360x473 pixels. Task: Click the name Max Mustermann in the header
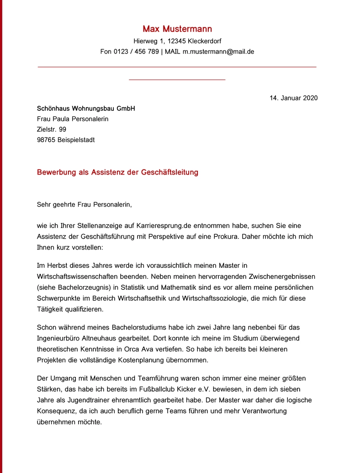click(x=177, y=29)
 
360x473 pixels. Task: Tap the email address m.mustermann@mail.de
click(x=218, y=52)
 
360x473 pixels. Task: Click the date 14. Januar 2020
click(x=293, y=98)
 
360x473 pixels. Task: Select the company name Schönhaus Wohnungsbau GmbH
click(x=86, y=109)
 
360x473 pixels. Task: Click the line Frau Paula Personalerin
click(x=73, y=119)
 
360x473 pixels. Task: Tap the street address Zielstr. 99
click(x=52, y=129)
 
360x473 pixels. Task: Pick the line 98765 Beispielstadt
click(x=66, y=140)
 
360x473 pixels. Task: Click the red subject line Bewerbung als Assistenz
click(x=117, y=172)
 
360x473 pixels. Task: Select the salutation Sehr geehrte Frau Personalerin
click(x=84, y=204)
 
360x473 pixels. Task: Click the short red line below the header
click(x=177, y=80)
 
